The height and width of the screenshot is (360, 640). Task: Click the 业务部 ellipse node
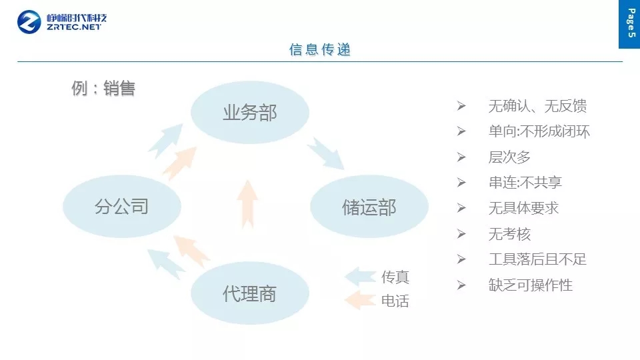pyautogui.click(x=249, y=113)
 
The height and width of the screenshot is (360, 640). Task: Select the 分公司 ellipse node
pyautogui.click(x=121, y=207)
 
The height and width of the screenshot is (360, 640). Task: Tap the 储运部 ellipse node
pyautogui.click(x=369, y=207)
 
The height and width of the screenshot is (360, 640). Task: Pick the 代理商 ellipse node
pyautogui.click(x=249, y=293)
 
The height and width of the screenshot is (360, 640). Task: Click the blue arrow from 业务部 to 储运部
pyautogui.click(x=325, y=153)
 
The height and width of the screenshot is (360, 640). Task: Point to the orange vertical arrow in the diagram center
pyautogui.click(x=247, y=203)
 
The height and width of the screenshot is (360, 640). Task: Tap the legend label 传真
pyautogui.click(x=395, y=277)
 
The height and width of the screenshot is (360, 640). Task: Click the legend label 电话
pyautogui.click(x=395, y=301)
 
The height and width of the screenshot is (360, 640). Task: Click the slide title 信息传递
pyautogui.click(x=320, y=50)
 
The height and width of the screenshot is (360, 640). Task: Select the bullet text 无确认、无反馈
pyautogui.click(x=537, y=106)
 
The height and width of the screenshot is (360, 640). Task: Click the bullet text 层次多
pyautogui.click(x=509, y=157)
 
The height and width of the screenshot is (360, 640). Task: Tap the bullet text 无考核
pyautogui.click(x=509, y=234)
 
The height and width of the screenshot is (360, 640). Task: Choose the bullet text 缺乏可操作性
pyautogui.click(x=531, y=285)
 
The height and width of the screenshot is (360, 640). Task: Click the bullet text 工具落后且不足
pyautogui.click(x=537, y=259)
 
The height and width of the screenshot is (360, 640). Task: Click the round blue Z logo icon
pyautogui.click(x=29, y=22)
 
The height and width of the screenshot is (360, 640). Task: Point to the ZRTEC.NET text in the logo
pyautogui.click(x=75, y=28)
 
